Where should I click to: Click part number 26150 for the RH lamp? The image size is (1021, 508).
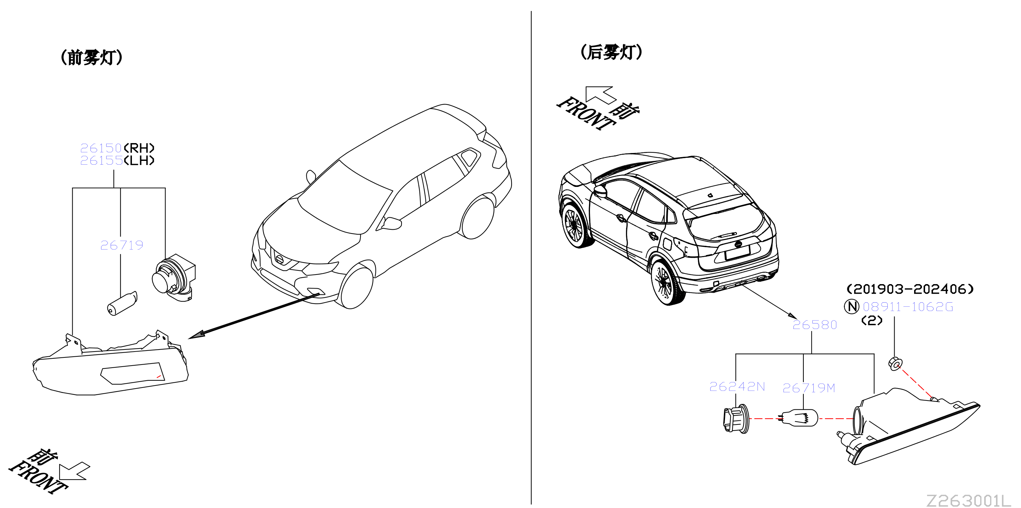pyautogui.click(x=101, y=148)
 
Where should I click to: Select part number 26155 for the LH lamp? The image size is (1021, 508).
pyautogui.click(x=101, y=160)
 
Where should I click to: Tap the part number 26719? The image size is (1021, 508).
pyautogui.click(x=122, y=245)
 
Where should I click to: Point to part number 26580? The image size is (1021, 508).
pyautogui.click(x=814, y=325)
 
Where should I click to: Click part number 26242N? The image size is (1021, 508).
pyautogui.click(x=737, y=386)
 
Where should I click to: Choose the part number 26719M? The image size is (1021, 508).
pyautogui.click(x=809, y=388)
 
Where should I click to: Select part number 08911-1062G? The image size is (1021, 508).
pyautogui.click(x=908, y=306)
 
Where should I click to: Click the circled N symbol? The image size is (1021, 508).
pyautogui.click(x=851, y=306)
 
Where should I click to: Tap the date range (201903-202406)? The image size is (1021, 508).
pyautogui.click(x=910, y=289)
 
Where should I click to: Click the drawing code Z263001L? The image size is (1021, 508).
pyautogui.click(x=968, y=500)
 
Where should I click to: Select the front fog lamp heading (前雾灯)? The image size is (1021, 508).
pyautogui.click(x=91, y=58)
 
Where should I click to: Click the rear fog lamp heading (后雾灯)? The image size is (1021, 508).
pyautogui.click(x=611, y=52)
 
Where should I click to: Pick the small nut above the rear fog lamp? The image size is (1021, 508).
pyautogui.click(x=895, y=364)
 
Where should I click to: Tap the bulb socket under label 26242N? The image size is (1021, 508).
pyautogui.click(x=736, y=419)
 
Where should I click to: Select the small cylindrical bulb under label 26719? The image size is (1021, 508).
pyautogui.click(x=122, y=303)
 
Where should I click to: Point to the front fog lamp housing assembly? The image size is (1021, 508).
pyautogui.click(x=111, y=364)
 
